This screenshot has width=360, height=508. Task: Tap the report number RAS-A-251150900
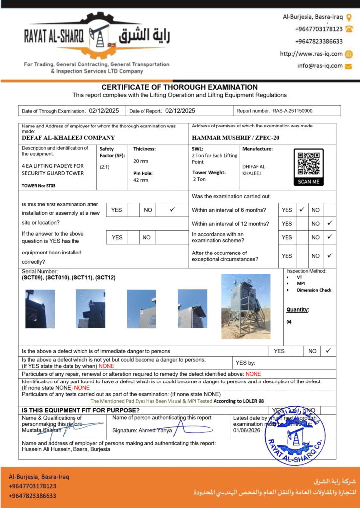coord(295,111)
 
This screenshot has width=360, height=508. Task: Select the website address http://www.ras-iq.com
coord(311,54)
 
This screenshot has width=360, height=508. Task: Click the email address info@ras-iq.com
coord(320,65)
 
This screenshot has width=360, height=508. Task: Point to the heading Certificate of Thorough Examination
coord(179,87)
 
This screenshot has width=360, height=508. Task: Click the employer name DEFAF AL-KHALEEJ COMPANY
coord(69,138)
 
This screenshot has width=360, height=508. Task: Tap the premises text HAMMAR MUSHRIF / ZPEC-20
coord(235,138)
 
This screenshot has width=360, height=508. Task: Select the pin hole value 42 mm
coord(141,180)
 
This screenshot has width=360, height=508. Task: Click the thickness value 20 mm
coord(141,161)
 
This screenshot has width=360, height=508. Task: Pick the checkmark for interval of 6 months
coord(301,210)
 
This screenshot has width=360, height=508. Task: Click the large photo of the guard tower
coord(246,306)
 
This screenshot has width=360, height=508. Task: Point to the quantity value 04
coord(289,322)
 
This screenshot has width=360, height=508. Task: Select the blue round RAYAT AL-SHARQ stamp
coord(295,434)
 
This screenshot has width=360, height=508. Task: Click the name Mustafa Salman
coord(42,430)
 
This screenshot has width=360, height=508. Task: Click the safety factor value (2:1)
coord(105,167)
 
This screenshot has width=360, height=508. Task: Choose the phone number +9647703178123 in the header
coord(319,29)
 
